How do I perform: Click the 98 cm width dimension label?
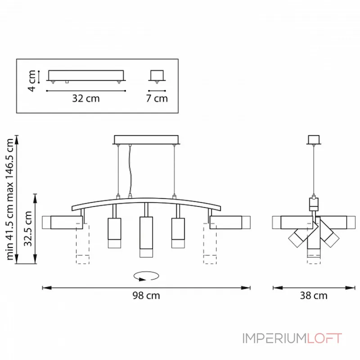click(146, 296)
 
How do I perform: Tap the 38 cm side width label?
click(314, 296)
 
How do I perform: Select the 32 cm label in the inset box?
click(86, 98)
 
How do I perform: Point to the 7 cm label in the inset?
click(157, 98)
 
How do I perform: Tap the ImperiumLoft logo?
click(292, 338)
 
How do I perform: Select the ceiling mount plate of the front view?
click(147, 139)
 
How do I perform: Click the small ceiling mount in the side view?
click(313, 139)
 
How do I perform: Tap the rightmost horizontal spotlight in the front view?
click(229, 222)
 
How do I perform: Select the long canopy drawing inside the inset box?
click(85, 76)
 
